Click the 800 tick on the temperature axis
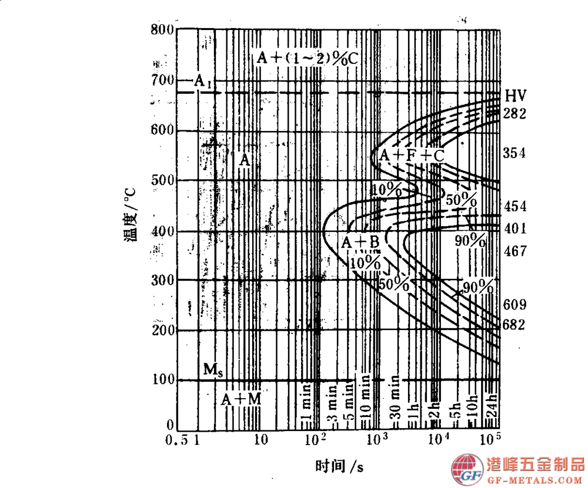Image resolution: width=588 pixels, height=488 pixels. coord(162,29)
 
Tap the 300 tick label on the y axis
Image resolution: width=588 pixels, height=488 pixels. coord(162,280)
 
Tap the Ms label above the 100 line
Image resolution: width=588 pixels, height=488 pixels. coord(212,369)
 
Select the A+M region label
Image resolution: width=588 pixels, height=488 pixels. coord(240,399)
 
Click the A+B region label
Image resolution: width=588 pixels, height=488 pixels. coord(360,241)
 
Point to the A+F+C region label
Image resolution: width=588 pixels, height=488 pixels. coord(411,156)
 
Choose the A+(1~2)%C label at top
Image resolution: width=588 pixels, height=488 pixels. coord(308,58)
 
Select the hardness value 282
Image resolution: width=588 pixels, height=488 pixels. coord(514,113)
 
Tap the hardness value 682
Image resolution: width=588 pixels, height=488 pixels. coord(514,325)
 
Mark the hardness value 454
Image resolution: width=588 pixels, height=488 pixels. coord(514,207)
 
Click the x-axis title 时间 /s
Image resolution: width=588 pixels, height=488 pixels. coord(339,467)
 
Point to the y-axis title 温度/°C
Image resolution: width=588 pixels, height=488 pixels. coord(130,214)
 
